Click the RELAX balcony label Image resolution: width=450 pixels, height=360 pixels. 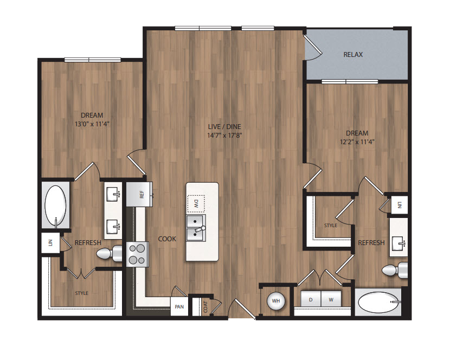click(x=353, y=55)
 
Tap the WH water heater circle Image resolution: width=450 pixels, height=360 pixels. click(x=276, y=301)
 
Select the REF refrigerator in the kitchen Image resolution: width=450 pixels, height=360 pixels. click(x=139, y=194)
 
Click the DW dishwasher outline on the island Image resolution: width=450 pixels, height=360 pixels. click(x=196, y=204)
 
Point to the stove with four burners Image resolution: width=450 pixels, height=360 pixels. click(x=137, y=254)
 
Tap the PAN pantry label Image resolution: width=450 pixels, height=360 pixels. click(x=179, y=307)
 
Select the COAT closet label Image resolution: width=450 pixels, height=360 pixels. click(x=205, y=307)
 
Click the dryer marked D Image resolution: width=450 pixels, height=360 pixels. click(x=311, y=300)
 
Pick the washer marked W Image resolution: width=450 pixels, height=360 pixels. click(x=331, y=300)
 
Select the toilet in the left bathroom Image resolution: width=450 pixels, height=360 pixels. click(x=109, y=253)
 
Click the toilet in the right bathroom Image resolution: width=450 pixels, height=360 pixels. click(x=395, y=270)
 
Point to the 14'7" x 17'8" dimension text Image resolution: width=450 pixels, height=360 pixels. click(x=224, y=135)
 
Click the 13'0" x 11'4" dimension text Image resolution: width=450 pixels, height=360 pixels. click(x=92, y=124)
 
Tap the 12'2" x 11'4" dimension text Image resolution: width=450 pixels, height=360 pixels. click(x=357, y=142)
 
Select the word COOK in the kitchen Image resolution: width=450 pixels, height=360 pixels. click(x=167, y=239)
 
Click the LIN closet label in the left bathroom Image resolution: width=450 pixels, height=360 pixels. click(x=51, y=243)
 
